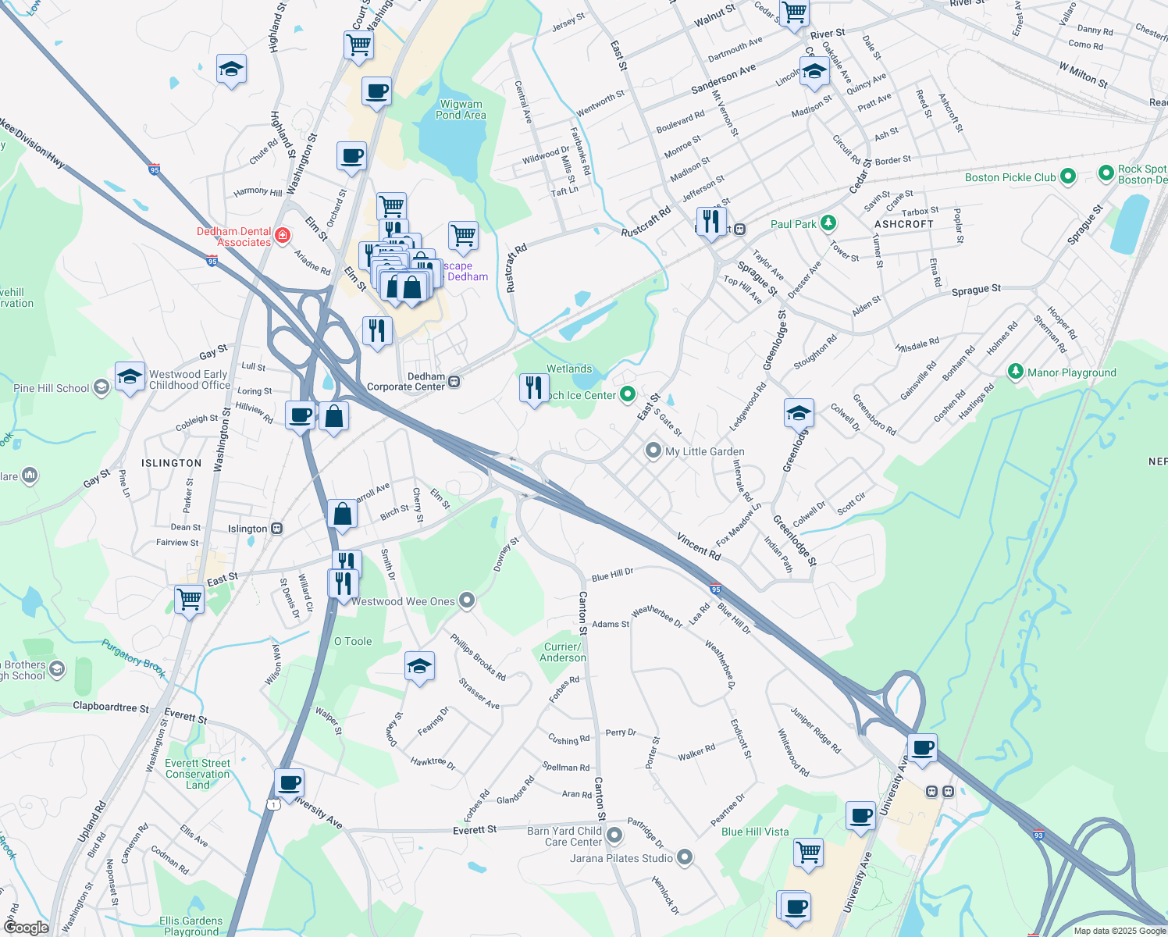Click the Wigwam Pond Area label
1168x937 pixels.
pos(461,109)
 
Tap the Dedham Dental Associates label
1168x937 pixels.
pos(233,237)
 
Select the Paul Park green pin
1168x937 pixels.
pos(828,224)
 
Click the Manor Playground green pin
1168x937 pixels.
pos(1016,372)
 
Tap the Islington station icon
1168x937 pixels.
pos(276,529)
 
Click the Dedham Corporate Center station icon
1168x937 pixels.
pos(454,382)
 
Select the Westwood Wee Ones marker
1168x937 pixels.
pos(467,600)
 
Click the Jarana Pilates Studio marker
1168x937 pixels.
pos(685,858)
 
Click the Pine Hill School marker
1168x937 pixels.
pos(101,387)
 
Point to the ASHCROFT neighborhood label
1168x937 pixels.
pos(904,224)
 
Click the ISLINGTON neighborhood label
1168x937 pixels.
pos(171,463)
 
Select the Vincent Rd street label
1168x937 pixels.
pos(698,545)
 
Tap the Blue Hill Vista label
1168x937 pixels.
pos(755,832)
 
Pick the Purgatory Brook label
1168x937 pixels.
pos(134,658)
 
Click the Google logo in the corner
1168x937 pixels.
pos(26,928)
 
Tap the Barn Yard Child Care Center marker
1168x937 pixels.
pos(614,835)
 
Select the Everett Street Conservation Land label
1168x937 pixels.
pos(198,774)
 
